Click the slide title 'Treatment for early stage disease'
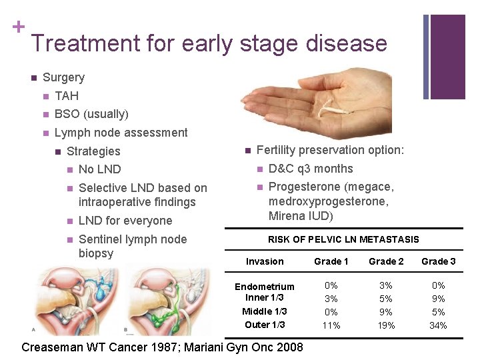tap(209, 43)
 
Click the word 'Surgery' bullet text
tap(63, 77)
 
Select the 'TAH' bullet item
tap(67, 96)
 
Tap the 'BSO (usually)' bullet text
tap(91, 114)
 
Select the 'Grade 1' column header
tap(331, 261)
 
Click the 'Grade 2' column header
tap(386, 261)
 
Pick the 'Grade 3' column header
tap(438, 261)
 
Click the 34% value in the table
tap(438, 325)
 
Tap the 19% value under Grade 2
tap(386, 325)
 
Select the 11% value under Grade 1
tap(331, 325)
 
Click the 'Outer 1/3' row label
tap(265, 325)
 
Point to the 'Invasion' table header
tap(265, 261)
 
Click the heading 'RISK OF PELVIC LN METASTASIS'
tap(343, 239)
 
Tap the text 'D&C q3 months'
tap(310, 169)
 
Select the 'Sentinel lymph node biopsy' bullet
tap(132, 246)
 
